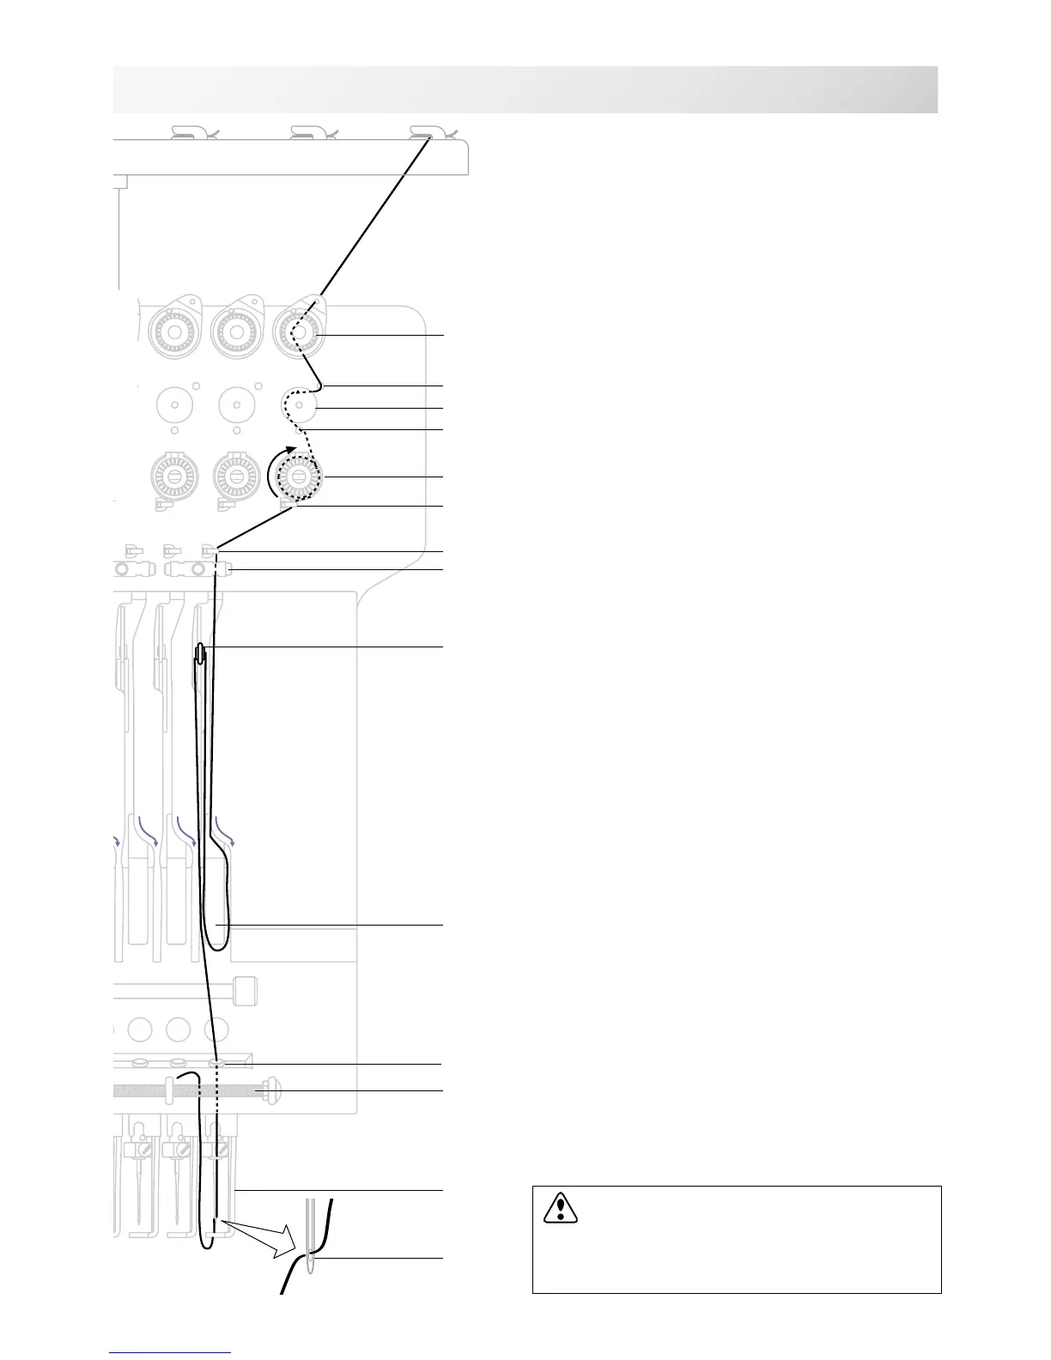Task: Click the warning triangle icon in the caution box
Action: [x=560, y=1207]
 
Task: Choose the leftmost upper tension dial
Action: [x=173, y=334]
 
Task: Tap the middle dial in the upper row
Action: [x=236, y=334]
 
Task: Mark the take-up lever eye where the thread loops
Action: [x=201, y=654]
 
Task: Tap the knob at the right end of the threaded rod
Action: [x=272, y=1091]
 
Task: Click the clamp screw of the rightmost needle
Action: [x=222, y=1149]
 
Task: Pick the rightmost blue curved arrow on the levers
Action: [x=225, y=831]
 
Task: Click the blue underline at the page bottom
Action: [x=171, y=1352]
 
